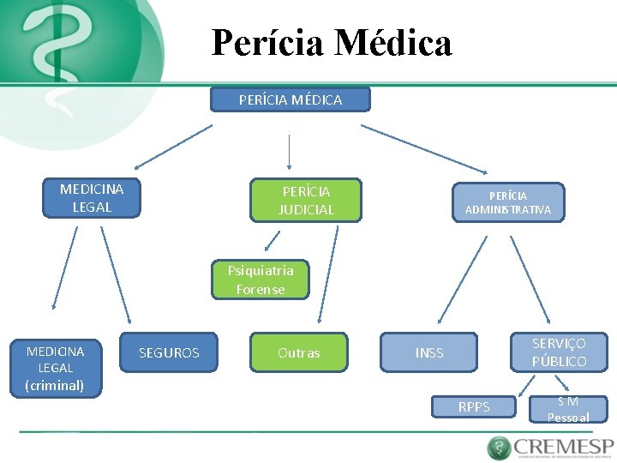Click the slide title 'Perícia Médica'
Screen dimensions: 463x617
[331, 42]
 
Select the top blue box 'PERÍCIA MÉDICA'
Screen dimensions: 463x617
[291, 100]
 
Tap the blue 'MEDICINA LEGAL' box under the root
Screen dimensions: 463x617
[92, 198]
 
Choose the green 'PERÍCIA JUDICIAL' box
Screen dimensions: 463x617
[305, 201]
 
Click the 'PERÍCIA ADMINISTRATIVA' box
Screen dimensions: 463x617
[508, 202]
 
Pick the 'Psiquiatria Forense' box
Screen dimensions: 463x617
[260, 280]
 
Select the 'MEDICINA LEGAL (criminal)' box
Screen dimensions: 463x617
[56, 368]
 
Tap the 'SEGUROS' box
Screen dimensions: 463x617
[169, 352]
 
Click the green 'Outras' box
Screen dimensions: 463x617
[298, 352]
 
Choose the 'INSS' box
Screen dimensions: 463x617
[429, 352]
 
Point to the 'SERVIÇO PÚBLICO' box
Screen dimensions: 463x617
[559, 352]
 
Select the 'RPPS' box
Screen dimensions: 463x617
[474, 407]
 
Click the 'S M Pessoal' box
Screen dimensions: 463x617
[568, 409]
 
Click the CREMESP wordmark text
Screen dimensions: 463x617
[563, 447]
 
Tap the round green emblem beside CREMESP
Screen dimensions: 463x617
[499, 448]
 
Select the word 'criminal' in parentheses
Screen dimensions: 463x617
[56, 385]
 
